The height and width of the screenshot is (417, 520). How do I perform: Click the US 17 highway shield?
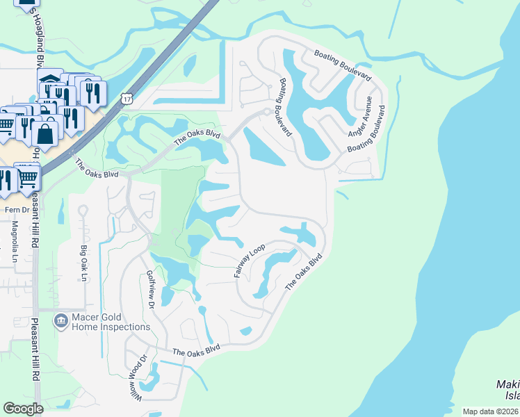(126, 99)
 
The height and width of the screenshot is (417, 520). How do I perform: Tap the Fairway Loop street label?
(249, 261)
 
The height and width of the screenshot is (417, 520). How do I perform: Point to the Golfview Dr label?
(149, 291)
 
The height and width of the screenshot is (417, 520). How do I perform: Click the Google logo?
(23, 409)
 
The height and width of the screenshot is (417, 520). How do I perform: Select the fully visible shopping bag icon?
(46, 133)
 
